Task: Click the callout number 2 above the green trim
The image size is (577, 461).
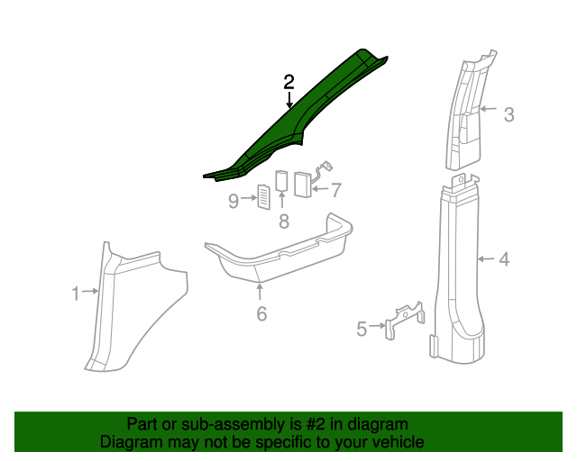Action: click(x=288, y=82)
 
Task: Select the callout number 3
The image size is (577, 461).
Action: click(x=508, y=114)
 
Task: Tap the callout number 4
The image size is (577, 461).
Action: click(x=504, y=259)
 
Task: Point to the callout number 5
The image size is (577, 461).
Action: click(x=362, y=330)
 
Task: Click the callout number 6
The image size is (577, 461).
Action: click(x=261, y=313)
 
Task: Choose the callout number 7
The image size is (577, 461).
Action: click(x=336, y=190)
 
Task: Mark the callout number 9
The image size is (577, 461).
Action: click(x=234, y=200)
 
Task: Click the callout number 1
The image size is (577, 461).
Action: click(x=76, y=292)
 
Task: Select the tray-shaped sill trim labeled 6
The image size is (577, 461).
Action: click(x=279, y=252)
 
